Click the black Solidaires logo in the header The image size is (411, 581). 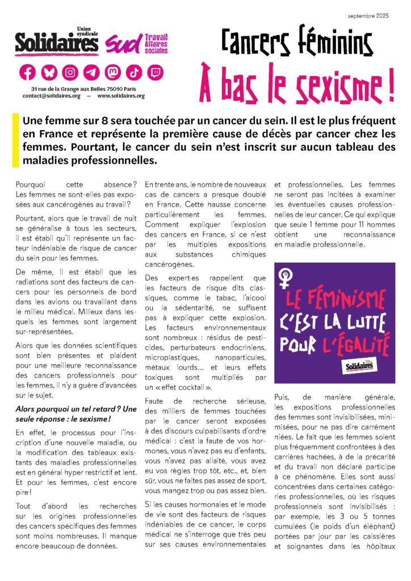point(57,43)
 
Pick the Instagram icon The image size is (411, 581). point(70,73)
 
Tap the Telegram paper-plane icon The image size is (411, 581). point(91,73)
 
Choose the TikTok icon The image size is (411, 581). point(134,73)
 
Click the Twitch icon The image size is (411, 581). point(155,73)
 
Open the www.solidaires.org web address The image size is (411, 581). point(121,96)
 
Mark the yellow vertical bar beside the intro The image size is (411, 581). point(15,140)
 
